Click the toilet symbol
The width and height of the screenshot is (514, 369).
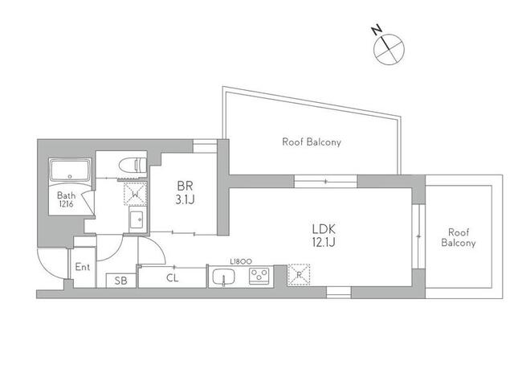(133, 165)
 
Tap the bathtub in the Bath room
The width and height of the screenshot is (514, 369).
(70, 170)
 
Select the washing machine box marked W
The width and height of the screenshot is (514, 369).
(135, 194)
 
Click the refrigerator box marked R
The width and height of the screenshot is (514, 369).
(299, 274)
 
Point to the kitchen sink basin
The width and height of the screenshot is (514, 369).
(223, 277)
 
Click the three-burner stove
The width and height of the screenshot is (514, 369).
(259, 276)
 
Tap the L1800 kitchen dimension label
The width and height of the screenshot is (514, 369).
(241, 261)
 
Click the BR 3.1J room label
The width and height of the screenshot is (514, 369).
(185, 192)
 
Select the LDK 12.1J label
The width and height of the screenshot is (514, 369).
(324, 236)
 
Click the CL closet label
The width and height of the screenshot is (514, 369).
(173, 278)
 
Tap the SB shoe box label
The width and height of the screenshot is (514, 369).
(120, 281)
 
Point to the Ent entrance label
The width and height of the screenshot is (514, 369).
(82, 267)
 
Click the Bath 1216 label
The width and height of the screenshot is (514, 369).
(66, 199)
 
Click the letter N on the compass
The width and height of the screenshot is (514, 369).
(377, 30)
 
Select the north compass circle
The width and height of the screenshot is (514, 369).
(389, 50)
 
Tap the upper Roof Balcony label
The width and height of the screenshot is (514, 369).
(312, 142)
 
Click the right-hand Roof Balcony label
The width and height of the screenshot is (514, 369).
(459, 238)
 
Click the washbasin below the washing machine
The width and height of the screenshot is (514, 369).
(136, 219)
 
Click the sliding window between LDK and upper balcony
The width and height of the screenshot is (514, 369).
(325, 181)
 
